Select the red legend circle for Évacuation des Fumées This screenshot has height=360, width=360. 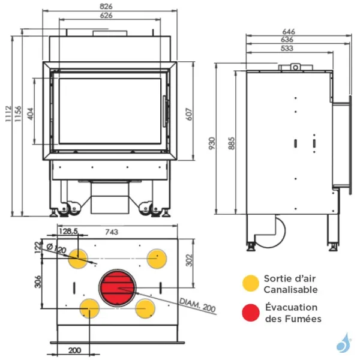251,313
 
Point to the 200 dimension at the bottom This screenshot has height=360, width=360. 74,350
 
